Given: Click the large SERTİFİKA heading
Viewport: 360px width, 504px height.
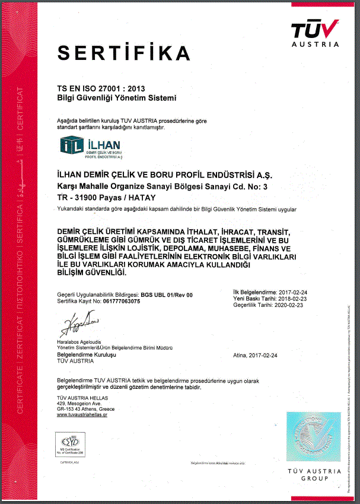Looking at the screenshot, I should (124, 53).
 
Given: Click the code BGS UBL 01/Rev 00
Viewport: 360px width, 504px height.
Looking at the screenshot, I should (167, 294).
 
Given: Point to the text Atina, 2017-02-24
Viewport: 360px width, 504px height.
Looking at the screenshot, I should (256, 354).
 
